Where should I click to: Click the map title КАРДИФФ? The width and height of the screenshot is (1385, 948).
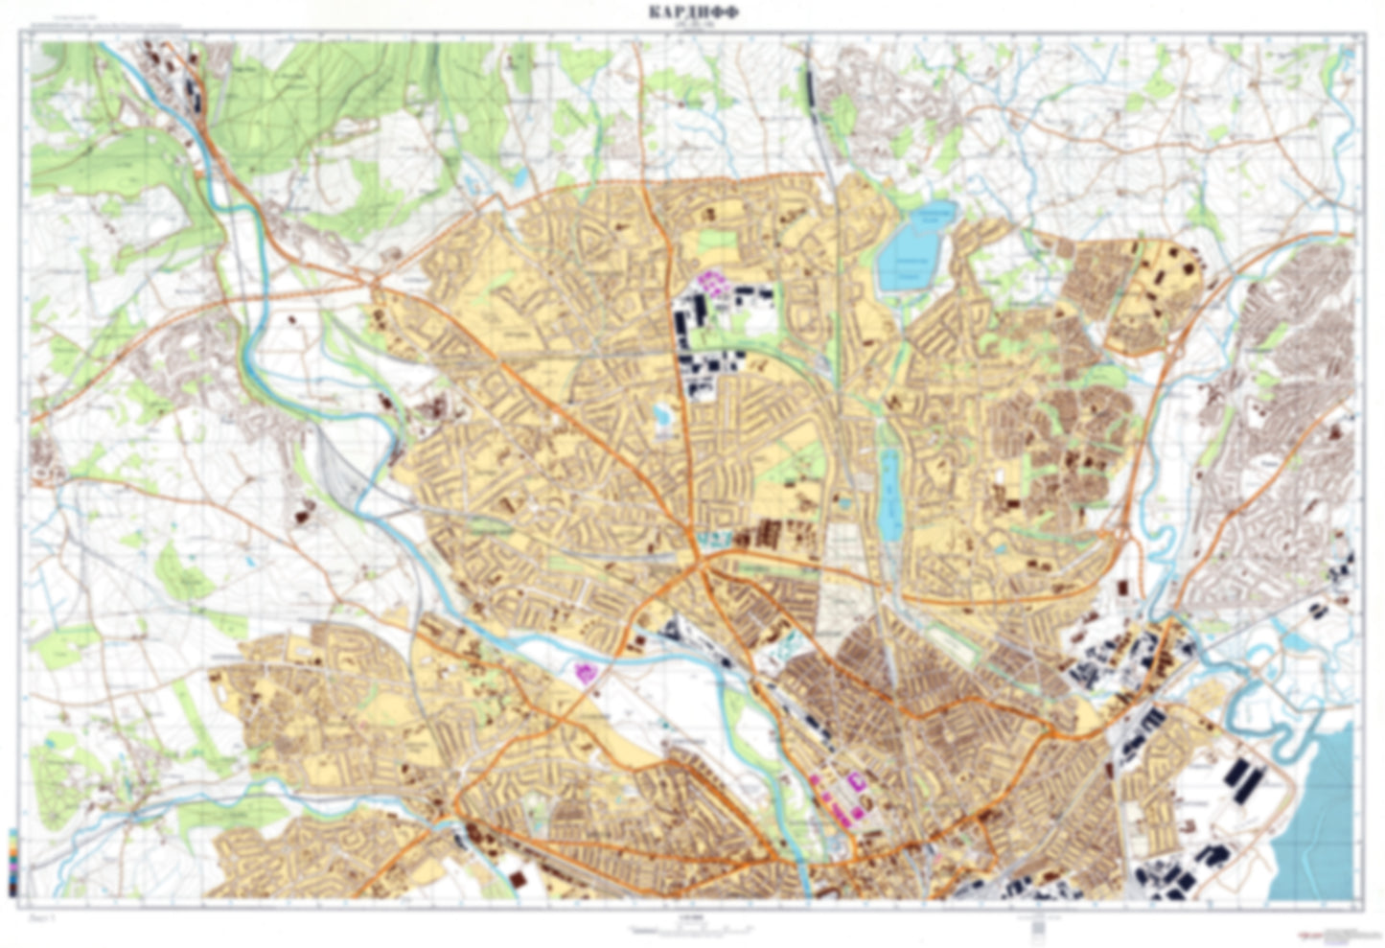(x=692, y=12)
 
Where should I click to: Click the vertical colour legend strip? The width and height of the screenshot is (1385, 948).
(x=11, y=863)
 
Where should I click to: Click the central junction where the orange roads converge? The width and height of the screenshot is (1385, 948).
(x=703, y=566)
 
